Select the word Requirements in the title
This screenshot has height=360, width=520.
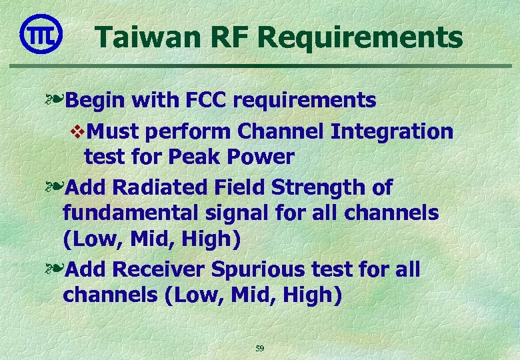coord(361,37)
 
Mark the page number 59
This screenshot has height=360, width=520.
coord(260,349)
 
